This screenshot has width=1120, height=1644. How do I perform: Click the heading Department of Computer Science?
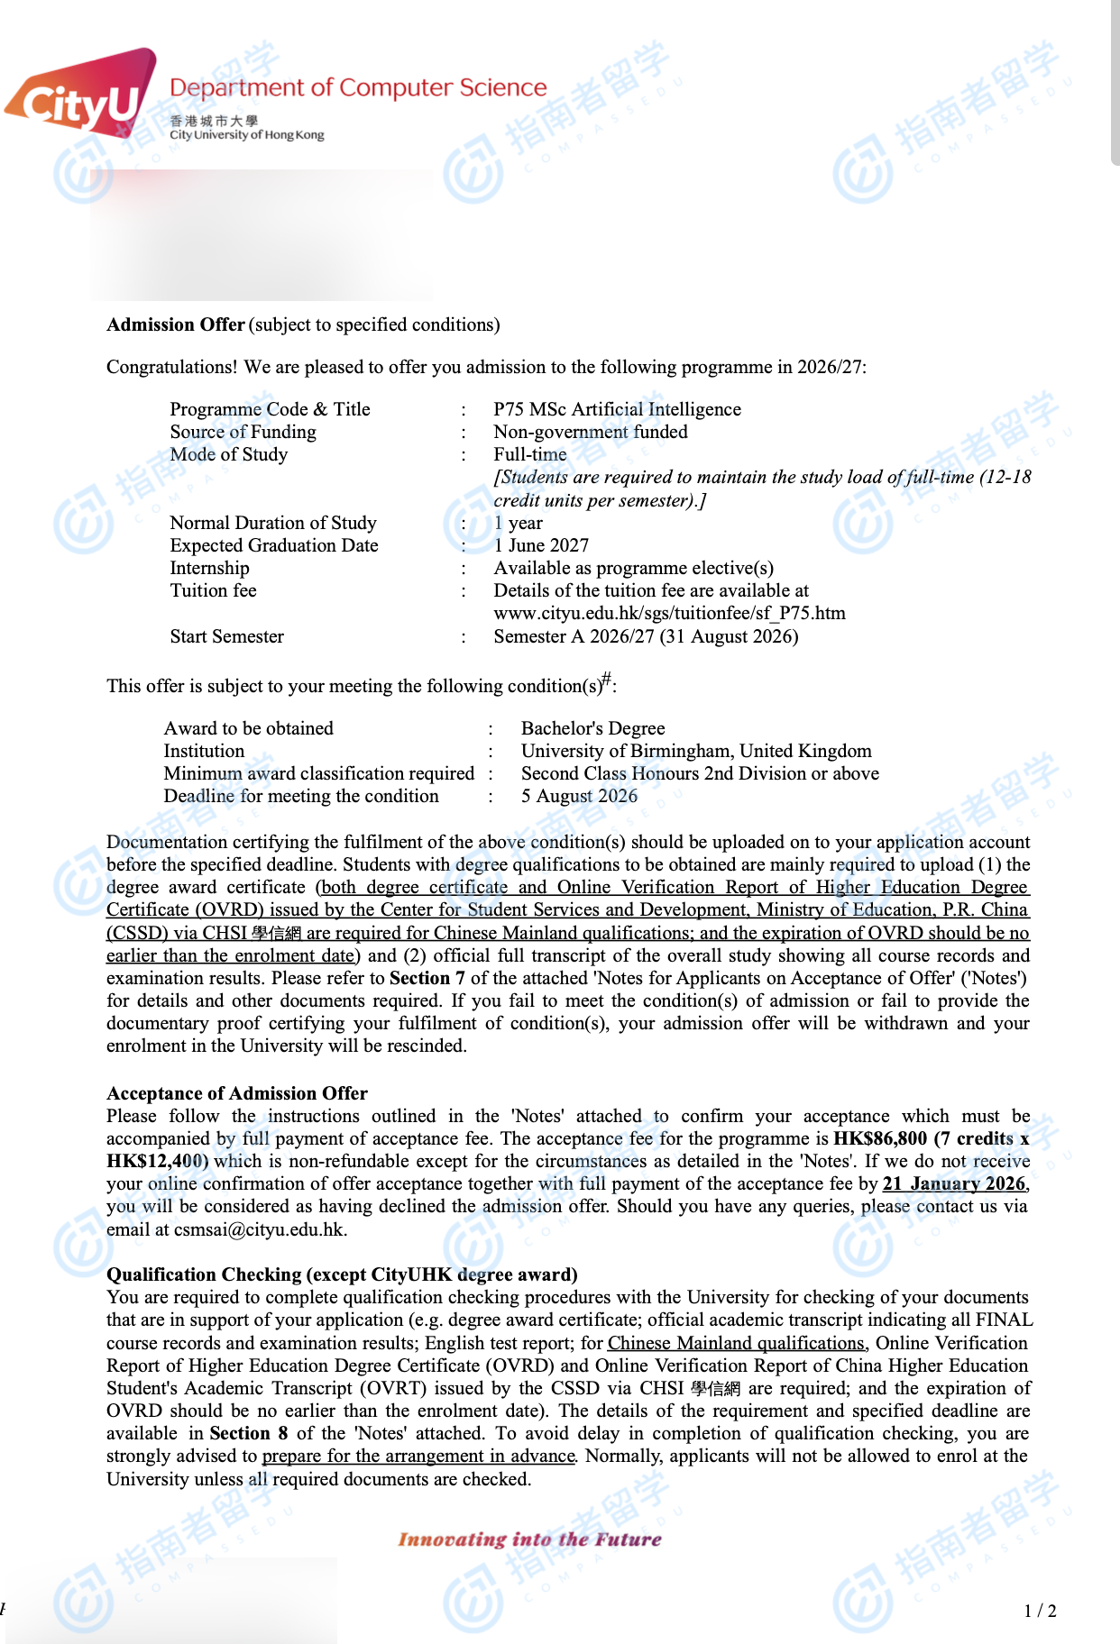358,87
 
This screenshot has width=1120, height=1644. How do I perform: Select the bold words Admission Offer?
176,324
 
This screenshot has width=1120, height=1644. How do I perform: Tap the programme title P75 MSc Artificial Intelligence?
617,409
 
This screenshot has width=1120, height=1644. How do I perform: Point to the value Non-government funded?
590,432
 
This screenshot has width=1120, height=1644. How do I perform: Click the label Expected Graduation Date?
274,545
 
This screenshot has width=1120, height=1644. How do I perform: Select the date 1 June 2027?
541,545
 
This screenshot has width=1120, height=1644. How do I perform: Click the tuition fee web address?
669,613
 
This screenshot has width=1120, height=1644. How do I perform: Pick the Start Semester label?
227,636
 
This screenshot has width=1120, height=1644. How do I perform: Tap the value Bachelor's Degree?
592,728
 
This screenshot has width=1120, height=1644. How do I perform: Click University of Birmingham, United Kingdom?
696,751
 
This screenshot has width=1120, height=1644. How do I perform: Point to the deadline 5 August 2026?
579,796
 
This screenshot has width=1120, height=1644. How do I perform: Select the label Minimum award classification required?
319,773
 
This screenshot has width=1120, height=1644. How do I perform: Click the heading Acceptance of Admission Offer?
237,1093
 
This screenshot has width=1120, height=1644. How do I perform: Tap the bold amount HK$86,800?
879,1138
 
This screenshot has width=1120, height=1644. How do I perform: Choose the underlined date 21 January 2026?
954,1183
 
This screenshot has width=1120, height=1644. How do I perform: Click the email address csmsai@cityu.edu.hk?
260,1229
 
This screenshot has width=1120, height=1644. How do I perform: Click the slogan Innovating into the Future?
530,1539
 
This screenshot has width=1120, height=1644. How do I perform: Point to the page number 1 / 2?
1040,1611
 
